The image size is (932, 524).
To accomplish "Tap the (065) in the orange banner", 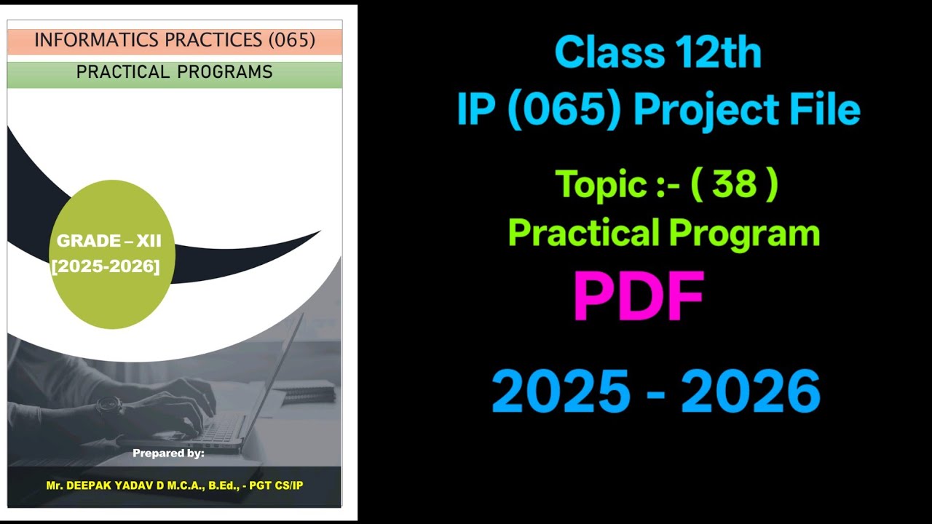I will click(x=291, y=41).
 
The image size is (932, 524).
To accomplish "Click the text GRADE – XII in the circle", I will click(x=109, y=242).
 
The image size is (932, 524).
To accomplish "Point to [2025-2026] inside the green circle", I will click(x=106, y=266).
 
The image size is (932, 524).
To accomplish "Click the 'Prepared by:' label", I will click(x=168, y=453).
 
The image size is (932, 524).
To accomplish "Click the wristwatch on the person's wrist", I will click(x=108, y=405).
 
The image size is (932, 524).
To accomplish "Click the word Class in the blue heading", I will click(x=609, y=53).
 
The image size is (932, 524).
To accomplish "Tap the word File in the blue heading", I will click(x=824, y=111).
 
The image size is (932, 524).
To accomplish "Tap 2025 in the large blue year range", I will click(x=561, y=392).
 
